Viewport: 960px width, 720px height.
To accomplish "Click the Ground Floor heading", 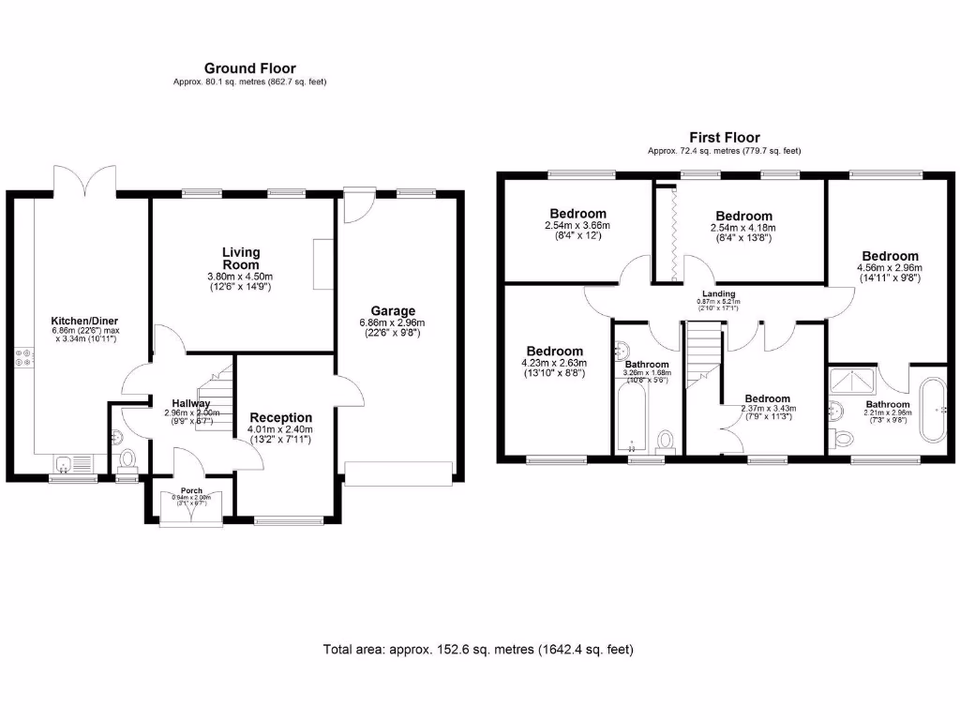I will [249, 68].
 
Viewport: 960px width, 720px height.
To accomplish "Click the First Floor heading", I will [724, 138].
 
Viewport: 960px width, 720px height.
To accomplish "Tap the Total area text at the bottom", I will [479, 649].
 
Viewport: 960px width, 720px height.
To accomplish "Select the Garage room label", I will [392, 311].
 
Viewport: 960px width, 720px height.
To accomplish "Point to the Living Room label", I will [241, 258].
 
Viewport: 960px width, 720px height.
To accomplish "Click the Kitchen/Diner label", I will [85, 322].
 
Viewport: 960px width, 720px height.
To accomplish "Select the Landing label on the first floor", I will [720, 293].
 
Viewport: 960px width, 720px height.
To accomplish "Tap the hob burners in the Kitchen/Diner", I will [23, 357].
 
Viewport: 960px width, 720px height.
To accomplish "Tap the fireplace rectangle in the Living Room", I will [323, 263].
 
